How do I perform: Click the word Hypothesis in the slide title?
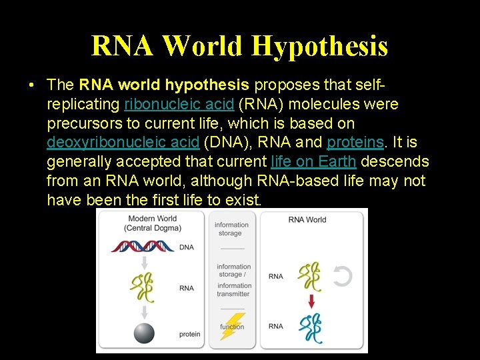[x=320, y=45]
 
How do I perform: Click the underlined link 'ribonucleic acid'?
[x=179, y=105]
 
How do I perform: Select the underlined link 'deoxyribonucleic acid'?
[x=123, y=143]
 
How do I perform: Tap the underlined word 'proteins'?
[x=355, y=143]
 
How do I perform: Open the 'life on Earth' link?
[x=313, y=161]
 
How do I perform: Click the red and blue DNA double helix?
[x=143, y=247]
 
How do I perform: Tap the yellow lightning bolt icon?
[x=233, y=326]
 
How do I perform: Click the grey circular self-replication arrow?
[x=342, y=276]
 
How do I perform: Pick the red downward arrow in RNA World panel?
[x=310, y=301]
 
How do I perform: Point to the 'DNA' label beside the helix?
[x=187, y=247]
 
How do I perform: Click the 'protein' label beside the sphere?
[x=189, y=334]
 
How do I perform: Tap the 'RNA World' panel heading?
[x=307, y=219]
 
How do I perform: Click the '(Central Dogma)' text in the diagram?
[x=152, y=228]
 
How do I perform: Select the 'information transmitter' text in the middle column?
[x=233, y=290]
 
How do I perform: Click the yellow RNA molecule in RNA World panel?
[x=310, y=276]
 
